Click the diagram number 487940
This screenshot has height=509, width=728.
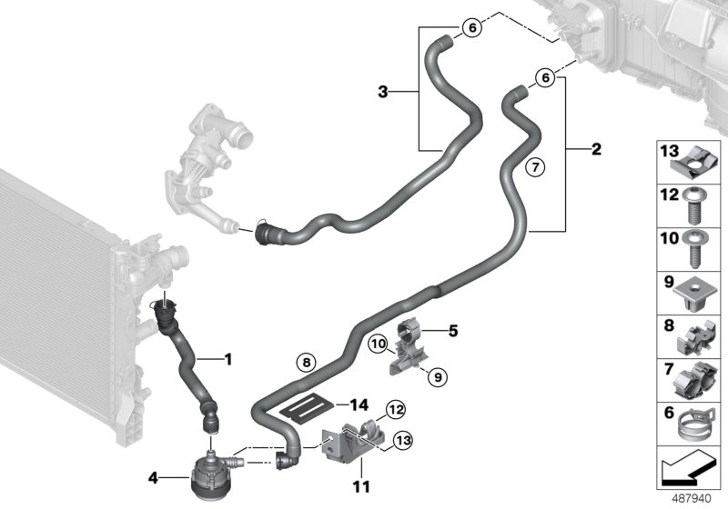[692, 499]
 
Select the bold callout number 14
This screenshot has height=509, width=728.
[359, 405]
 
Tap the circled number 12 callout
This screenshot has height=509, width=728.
[396, 410]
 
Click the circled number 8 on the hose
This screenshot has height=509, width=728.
[306, 362]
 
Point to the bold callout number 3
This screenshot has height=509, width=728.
[382, 92]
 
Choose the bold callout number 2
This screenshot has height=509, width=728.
[596, 149]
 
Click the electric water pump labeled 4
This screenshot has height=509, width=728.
[209, 475]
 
